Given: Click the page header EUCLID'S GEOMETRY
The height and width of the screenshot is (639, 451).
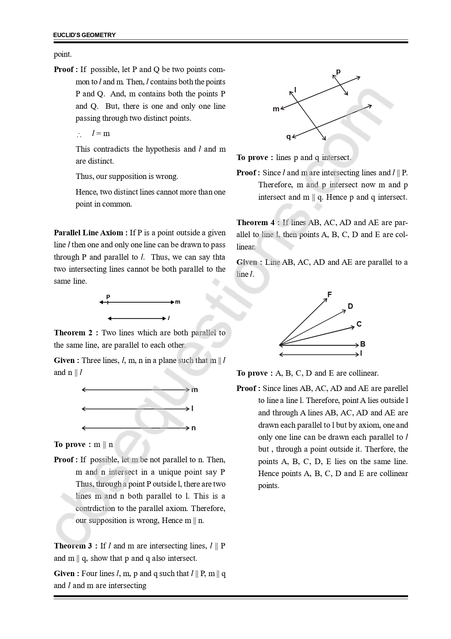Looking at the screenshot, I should (x=84, y=35).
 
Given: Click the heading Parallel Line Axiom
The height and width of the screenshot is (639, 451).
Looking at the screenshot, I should (x=91, y=233).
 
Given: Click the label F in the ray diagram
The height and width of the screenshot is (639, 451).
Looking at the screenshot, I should (x=330, y=295).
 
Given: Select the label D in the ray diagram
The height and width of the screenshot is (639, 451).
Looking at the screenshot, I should (x=350, y=306).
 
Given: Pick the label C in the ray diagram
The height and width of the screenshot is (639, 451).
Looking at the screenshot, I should (x=359, y=324).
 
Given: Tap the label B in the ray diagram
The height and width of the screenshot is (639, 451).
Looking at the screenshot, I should (x=363, y=344).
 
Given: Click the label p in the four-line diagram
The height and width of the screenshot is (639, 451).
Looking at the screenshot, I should (x=338, y=71).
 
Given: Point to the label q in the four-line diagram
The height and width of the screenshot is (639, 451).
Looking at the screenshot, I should (x=288, y=137).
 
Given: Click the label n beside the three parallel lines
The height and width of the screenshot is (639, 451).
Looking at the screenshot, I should (x=193, y=428).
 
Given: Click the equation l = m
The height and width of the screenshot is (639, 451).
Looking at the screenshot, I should (x=101, y=133).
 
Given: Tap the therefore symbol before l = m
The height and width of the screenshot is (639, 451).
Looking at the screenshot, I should (x=79, y=135).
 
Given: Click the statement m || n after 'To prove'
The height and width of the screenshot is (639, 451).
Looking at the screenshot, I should (x=103, y=444).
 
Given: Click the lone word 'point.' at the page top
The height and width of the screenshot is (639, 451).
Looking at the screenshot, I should (x=63, y=55).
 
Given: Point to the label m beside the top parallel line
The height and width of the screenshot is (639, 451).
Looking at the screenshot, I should (x=195, y=390).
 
